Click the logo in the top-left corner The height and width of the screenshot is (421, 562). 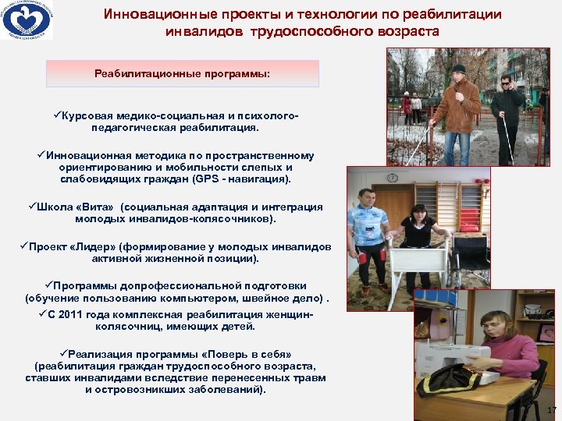(27, 21)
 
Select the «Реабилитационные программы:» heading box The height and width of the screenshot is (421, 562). (183, 73)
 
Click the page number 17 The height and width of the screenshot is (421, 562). (551, 410)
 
